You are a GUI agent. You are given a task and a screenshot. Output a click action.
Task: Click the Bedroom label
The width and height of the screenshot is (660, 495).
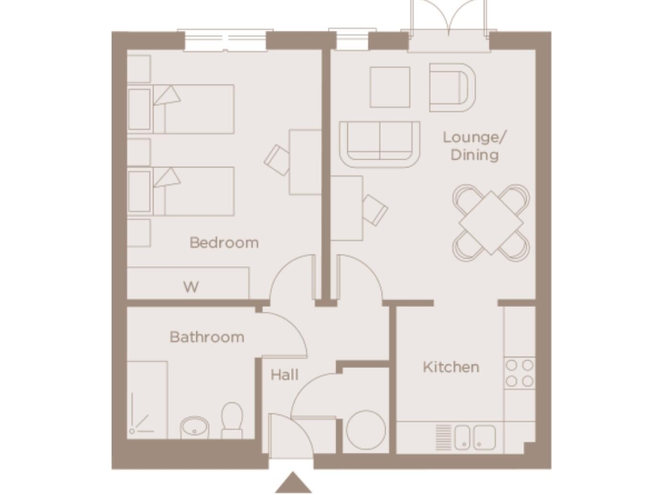pos(223,242)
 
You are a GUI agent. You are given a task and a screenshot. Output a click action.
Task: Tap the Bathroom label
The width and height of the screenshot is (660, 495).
pos(206,337)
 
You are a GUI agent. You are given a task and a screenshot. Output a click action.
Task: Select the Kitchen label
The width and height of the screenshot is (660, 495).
pos(450,367)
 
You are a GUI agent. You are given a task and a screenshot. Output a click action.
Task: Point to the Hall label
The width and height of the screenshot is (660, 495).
pos(284,376)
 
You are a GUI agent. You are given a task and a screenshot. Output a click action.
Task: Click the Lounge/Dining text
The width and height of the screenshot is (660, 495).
pos(470,146)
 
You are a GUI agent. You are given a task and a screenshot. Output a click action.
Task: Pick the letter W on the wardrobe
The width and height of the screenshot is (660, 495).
pos(191,287)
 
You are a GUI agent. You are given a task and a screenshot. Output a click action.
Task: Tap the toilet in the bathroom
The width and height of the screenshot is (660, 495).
pos(232,421)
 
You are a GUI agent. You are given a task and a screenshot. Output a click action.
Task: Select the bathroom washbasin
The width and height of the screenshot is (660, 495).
pos(195,426)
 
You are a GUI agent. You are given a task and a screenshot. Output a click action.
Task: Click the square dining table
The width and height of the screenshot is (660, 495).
pos(491,221)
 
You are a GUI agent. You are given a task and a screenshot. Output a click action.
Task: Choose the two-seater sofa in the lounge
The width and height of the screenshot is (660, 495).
pos(379,144)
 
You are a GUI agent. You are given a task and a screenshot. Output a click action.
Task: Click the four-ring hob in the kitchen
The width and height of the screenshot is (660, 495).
pos(519,373)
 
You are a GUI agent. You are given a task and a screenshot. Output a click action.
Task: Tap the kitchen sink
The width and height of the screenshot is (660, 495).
pos(474,437)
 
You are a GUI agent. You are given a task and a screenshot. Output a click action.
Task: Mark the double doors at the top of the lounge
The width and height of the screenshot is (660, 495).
pos(450,24)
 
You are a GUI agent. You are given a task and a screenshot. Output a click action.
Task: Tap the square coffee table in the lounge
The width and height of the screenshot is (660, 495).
pos(389,87)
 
